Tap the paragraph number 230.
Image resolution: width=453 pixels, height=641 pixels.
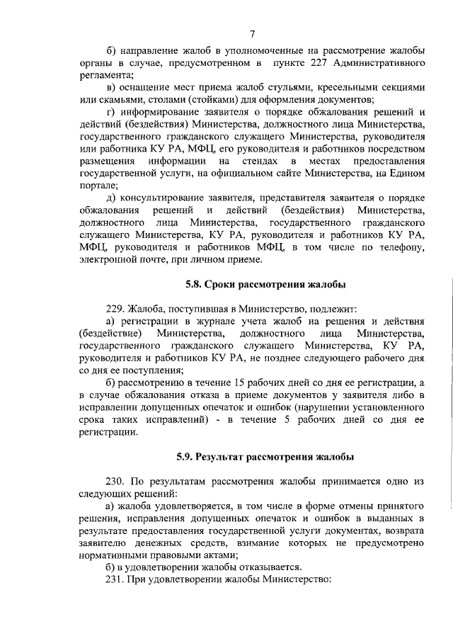coord(115,481)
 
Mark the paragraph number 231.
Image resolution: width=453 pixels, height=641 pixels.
coord(115,579)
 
